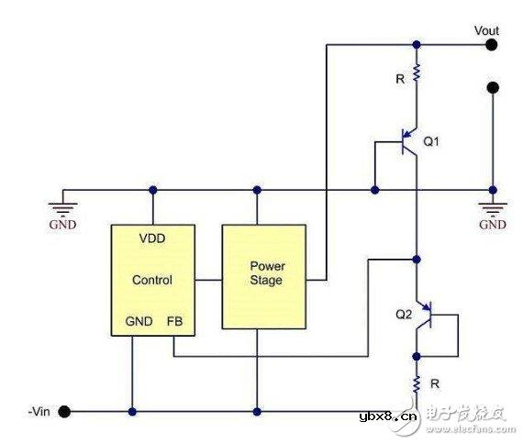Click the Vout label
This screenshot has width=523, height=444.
pos(486,29)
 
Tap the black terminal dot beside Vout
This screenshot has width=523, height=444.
pos(494,43)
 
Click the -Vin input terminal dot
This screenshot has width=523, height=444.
pos(64,411)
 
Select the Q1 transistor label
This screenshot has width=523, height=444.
pos(432,142)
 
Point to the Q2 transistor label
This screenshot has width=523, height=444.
pos(404,314)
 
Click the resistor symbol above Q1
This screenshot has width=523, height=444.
pos(417,72)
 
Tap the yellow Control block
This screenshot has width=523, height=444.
pos(152,275)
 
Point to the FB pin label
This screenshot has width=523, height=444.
pos(174,323)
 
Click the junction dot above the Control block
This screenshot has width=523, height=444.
pos(152,190)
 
